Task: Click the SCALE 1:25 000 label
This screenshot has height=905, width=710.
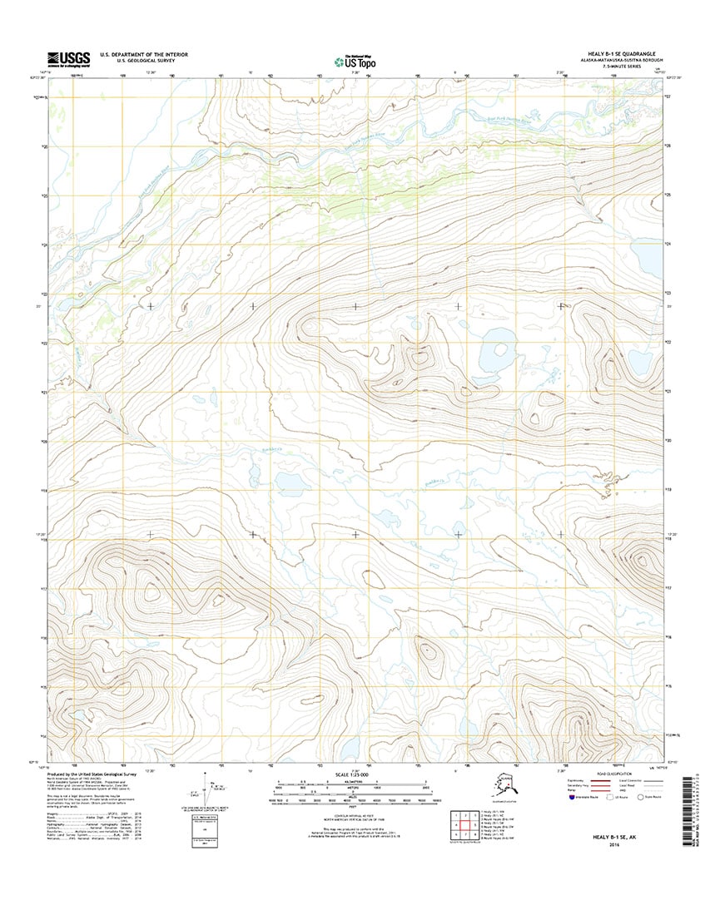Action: tap(355, 776)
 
